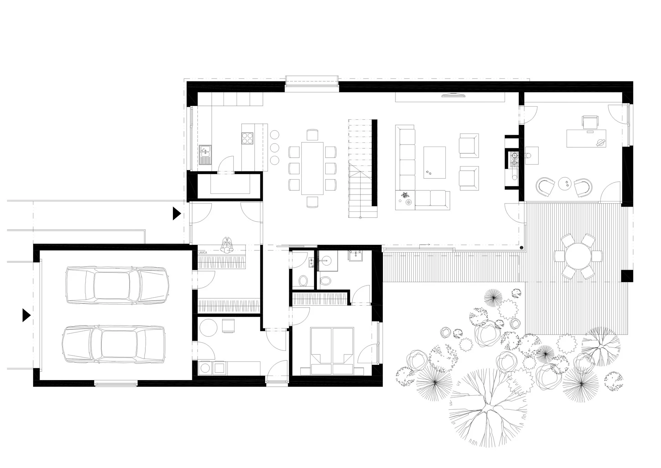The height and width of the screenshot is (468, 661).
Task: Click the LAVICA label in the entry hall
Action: click(x=203, y=252)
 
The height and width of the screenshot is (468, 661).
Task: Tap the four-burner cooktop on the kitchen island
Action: click(x=247, y=138)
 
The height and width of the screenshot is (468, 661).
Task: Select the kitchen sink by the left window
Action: click(x=205, y=155)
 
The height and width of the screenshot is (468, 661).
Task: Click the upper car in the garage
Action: click(x=117, y=285)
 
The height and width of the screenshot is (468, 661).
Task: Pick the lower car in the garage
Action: click(x=113, y=345)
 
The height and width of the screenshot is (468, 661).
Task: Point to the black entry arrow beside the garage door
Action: click(x=26, y=315)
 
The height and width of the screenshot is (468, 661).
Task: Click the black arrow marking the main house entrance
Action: click(x=177, y=213)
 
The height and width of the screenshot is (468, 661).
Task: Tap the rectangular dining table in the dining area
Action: click(x=312, y=168)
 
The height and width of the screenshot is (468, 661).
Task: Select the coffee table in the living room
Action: click(x=434, y=162)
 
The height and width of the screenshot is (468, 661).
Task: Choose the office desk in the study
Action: click(x=586, y=138)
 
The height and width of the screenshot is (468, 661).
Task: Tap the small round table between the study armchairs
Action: click(x=565, y=184)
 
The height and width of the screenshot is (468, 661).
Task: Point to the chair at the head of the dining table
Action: click(x=312, y=135)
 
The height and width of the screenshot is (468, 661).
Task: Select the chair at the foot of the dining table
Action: click(x=312, y=202)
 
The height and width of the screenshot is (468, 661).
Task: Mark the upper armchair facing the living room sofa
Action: click(x=469, y=146)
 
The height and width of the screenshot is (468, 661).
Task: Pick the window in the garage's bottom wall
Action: click(x=116, y=383)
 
